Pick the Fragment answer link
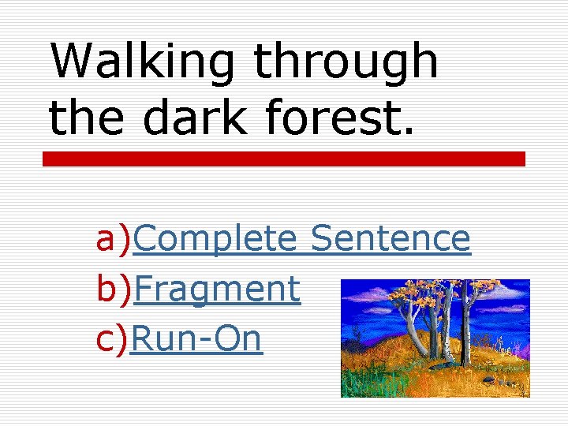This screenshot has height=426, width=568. tap(217, 289)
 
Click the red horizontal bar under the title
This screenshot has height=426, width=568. tap(283, 159)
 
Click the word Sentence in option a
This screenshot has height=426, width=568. tap(390, 238)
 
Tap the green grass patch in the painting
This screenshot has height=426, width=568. tap(371, 383)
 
